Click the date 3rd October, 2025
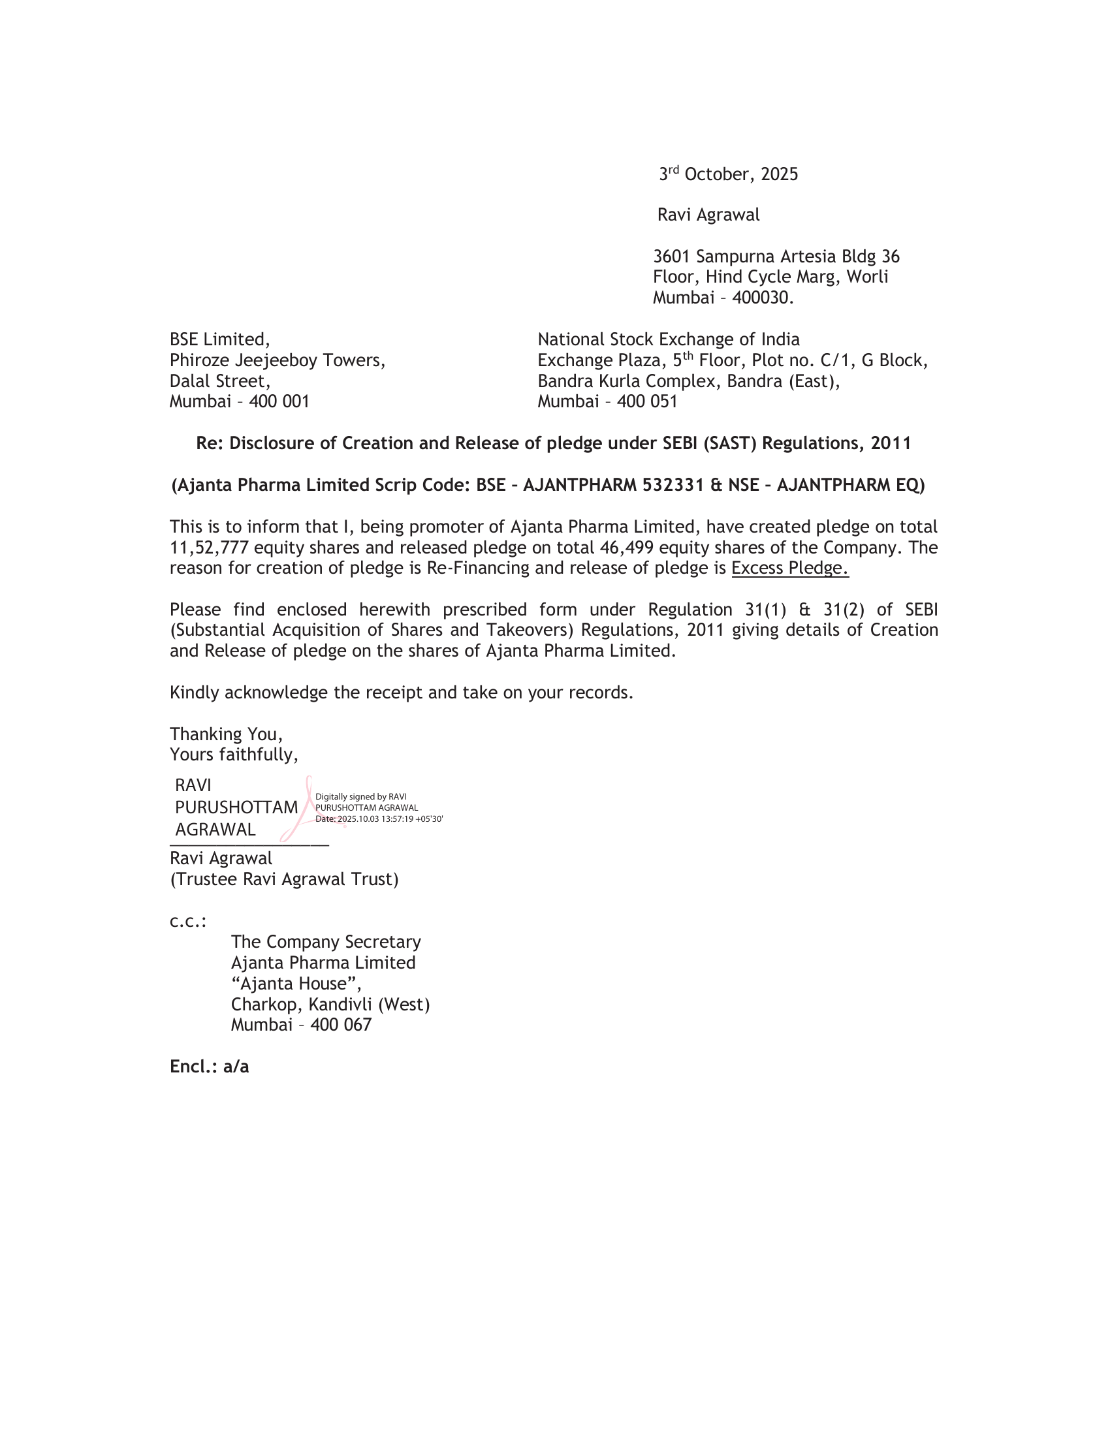tap(729, 174)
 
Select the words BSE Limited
tap(219, 339)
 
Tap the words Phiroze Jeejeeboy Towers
tap(277, 360)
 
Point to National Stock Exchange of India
tap(668, 339)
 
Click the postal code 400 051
tap(647, 401)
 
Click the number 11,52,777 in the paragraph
tap(208, 548)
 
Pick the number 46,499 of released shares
tap(626, 548)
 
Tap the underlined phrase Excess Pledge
tap(790, 568)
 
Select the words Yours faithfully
tap(234, 754)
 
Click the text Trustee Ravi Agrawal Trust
tap(284, 879)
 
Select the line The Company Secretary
tap(326, 941)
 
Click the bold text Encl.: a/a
tap(209, 1066)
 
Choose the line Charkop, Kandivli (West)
tap(330, 1004)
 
